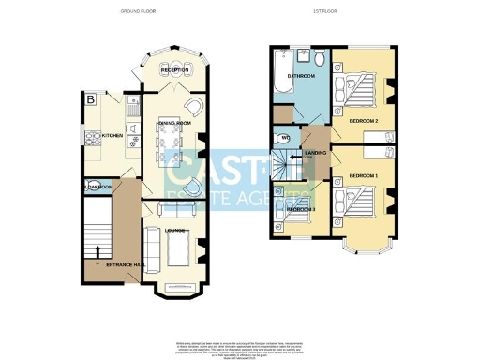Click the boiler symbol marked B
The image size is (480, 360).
click(90, 98)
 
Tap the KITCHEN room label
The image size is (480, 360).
click(112, 135)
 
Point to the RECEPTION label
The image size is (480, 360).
click(174, 70)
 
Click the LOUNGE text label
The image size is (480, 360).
click(174, 228)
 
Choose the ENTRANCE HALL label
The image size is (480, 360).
click(123, 265)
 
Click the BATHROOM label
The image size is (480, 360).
click(300, 75)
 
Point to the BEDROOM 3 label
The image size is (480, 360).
click(300, 208)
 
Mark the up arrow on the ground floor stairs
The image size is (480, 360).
click(97, 250)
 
